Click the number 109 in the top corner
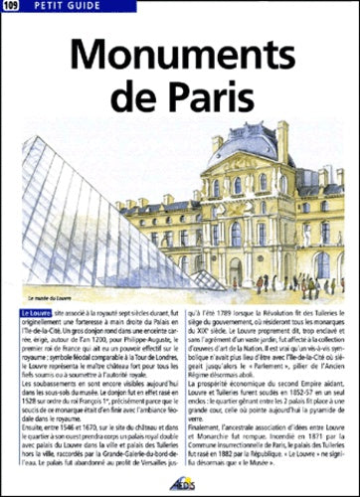(10, 8)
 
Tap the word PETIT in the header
(44, 8)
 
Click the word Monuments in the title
(180, 51)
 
